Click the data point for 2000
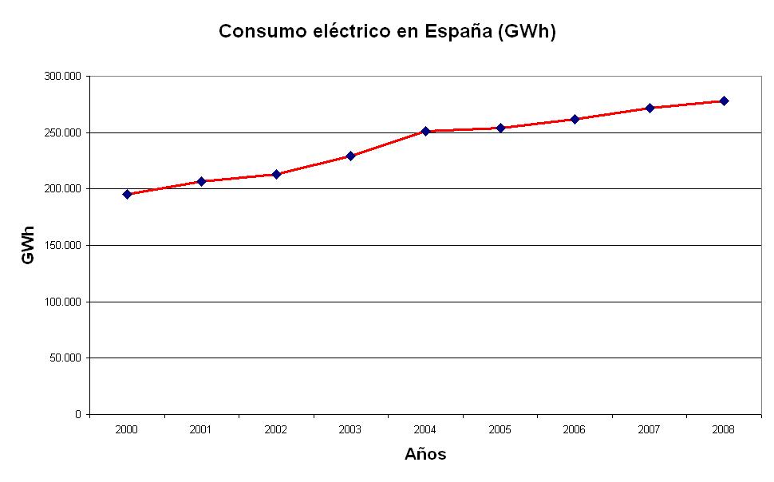pos(127,194)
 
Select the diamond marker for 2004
pos(425,131)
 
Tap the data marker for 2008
pos(724,101)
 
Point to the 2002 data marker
pos(276,174)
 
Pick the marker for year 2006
pos(575,119)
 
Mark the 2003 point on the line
pos(350,156)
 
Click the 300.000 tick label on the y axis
pos(62,76)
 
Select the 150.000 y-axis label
pos(62,245)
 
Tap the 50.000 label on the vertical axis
pos(65,358)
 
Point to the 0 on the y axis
pos(78,414)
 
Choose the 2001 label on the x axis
pos(201,429)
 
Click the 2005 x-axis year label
pos(500,429)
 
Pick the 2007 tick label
pos(649,429)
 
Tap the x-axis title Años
pos(425,455)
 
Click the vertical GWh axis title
pos(29,246)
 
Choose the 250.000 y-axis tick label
pos(62,132)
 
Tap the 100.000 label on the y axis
pos(62,302)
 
